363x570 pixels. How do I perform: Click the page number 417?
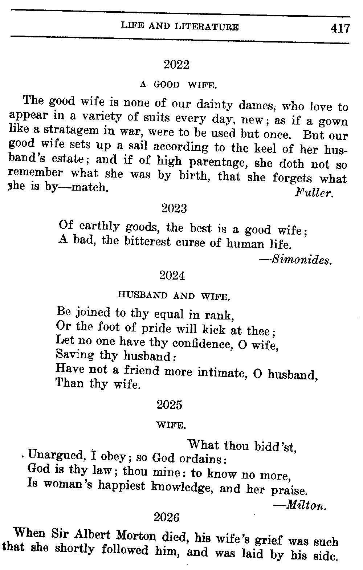pos(339,28)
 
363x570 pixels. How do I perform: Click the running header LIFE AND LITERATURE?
pos(180,27)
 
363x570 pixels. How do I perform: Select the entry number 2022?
pos(176,65)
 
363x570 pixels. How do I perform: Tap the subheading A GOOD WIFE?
pos(178,85)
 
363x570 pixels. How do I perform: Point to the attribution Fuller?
pos(314,193)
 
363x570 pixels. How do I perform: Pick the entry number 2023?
pos(174,209)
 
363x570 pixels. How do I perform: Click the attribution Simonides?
pos(301,260)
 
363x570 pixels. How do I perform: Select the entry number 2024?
pos(172,276)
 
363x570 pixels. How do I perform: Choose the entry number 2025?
pos(170,405)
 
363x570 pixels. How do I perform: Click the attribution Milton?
pos(306,505)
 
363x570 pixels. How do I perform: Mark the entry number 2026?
pos(167,517)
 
